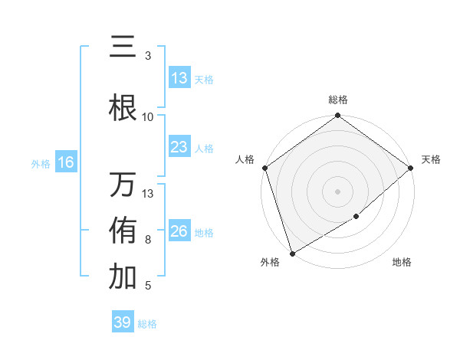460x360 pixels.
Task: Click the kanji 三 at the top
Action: tap(123, 47)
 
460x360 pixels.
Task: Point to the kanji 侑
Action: tap(123, 231)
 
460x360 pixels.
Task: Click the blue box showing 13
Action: tap(179, 78)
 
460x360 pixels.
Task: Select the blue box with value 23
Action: tap(179, 147)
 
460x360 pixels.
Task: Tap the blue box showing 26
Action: tap(179, 231)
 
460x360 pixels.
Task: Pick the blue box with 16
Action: tap(66, 162)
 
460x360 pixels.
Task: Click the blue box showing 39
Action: tap(122, 322)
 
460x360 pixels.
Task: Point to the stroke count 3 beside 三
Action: tap(148, 56)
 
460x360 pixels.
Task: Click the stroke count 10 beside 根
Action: tap(148, 116)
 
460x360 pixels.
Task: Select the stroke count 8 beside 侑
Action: tap(148, 240)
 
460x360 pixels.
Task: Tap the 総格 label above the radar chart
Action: tap(338, 100)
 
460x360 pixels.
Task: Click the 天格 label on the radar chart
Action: tap(431, 159)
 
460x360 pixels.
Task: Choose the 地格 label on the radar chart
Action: tap(402, 263)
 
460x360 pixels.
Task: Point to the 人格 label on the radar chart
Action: tap(245, 159)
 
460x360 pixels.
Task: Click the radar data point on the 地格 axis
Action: tap(356, 217)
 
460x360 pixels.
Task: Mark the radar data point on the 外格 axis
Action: tap(291, 253)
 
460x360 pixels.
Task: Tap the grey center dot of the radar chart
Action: tap(337, 191)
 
